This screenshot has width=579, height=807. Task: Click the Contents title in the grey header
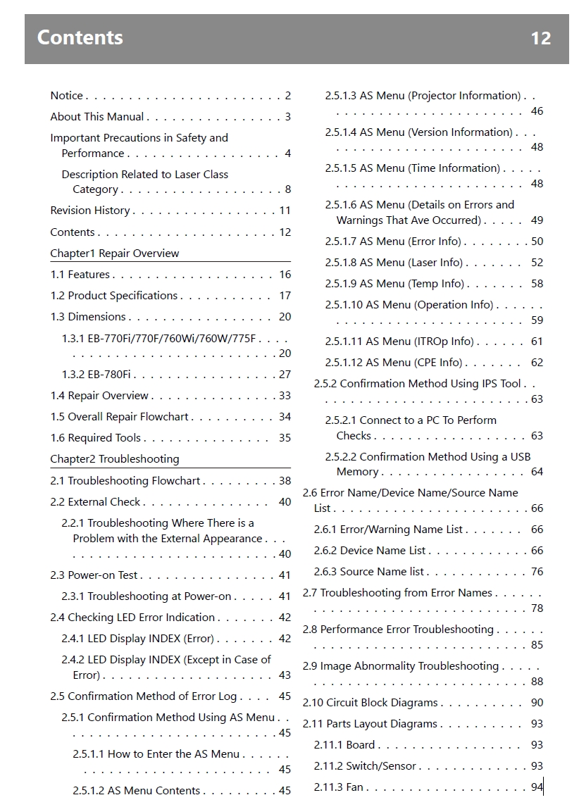tap(80, 37)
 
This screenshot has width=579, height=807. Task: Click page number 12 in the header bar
tap(540, 38)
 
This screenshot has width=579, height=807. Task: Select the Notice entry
tap(67, 96)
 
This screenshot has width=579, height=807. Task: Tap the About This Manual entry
tap(97, 117)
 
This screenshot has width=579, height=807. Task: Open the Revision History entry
tap(90, 211)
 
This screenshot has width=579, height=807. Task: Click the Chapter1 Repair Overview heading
tap(115, 254)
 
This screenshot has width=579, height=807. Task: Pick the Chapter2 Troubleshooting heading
tap(115, 459)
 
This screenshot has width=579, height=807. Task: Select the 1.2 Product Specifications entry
tap(114, 296)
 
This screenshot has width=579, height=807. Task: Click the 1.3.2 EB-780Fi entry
tap(96, 375)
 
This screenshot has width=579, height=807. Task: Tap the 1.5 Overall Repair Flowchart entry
tap(120, 417)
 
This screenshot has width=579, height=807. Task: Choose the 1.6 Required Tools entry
tap(96, 438)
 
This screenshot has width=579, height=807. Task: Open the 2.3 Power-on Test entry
tap(94, 575)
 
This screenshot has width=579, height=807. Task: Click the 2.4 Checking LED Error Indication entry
tap(132, 618)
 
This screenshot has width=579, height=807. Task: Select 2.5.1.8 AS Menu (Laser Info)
tap(394, 263)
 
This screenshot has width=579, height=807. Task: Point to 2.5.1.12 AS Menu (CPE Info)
tap(394, 363)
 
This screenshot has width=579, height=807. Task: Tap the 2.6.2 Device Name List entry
tap(370, 551)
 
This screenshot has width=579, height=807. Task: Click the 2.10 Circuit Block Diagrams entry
tap(371, 703)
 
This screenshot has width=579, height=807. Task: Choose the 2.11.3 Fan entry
tap(339, 787)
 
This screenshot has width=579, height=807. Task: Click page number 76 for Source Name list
tap(537, 572)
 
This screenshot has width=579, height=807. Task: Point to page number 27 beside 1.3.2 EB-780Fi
tap(285, 375)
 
